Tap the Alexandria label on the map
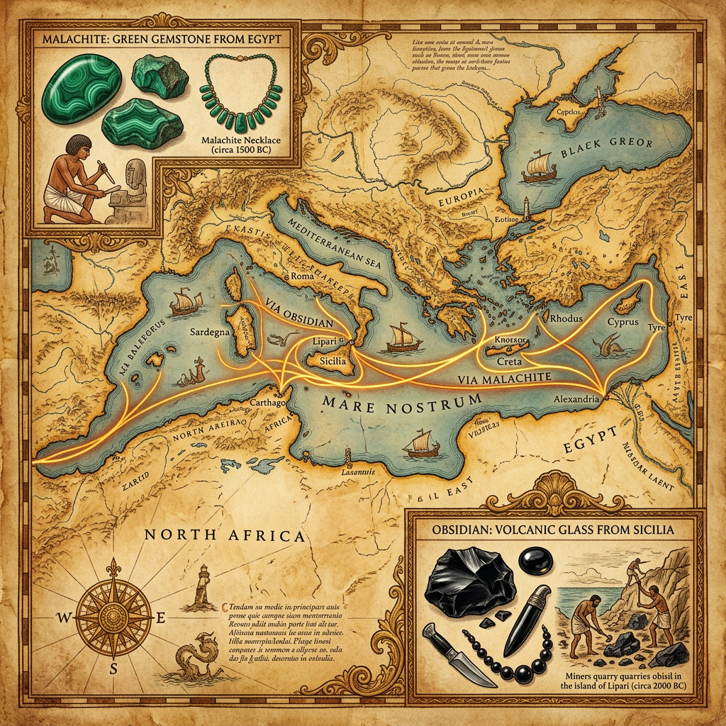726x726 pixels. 576,400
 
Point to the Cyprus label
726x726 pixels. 623,322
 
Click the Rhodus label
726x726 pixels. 566,318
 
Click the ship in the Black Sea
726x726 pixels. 537,165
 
